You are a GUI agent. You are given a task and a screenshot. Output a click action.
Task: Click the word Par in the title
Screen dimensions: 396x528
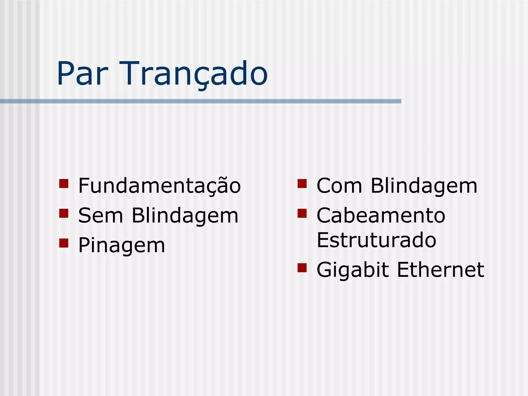82,74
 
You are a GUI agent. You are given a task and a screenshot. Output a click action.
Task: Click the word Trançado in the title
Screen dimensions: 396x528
195,74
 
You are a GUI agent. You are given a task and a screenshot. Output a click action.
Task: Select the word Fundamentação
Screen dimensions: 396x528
159,186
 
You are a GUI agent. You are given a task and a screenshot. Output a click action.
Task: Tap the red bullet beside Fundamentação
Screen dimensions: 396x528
64,184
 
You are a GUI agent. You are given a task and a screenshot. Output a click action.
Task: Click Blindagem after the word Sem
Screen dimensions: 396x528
185,216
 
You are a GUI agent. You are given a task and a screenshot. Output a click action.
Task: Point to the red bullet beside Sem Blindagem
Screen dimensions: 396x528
64,213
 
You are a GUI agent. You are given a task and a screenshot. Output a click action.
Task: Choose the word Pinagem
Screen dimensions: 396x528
121,245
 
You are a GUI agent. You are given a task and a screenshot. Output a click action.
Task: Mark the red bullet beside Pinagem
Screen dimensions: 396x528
64,243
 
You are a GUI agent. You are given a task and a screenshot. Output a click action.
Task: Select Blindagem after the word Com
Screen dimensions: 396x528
424,186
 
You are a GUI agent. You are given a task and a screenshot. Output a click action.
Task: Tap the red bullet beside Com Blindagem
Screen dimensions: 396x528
302,184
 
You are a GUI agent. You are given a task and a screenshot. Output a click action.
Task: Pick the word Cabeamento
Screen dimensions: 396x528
381,216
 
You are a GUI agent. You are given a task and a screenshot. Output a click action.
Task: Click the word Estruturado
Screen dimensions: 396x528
376,240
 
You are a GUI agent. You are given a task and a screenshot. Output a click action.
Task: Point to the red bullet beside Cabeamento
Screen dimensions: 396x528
302,213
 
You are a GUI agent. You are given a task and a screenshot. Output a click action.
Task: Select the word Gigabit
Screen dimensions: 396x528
352,270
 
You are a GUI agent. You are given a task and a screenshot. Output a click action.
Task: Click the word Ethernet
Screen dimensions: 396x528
440,270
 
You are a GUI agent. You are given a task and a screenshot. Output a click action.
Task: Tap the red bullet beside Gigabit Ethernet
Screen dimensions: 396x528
302,268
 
